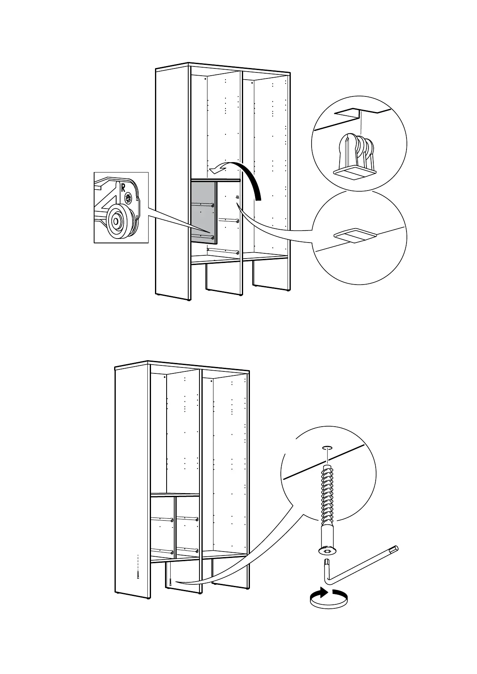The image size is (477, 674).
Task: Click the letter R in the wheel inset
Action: pos(123,187)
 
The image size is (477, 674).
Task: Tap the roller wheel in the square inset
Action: pos(116,220)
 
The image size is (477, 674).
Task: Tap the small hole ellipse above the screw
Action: pos(327,447)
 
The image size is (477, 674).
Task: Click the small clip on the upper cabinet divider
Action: pos(237,197)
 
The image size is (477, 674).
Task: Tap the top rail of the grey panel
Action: pos(215,181)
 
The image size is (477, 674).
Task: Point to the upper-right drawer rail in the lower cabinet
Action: pos(187,519)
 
